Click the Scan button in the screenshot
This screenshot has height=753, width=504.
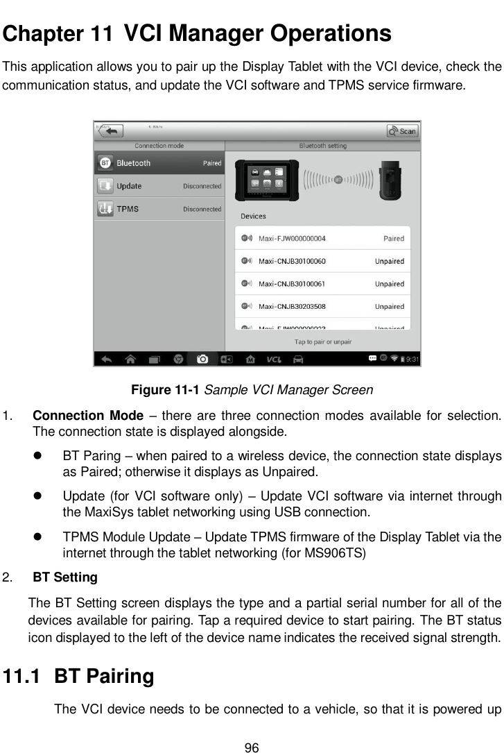click(x=403, y=130)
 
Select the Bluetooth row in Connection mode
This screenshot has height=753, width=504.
click(x=159, y=163)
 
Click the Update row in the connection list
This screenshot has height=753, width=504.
click(x=159, y=186)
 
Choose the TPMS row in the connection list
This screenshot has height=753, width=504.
click(x=159, y=209)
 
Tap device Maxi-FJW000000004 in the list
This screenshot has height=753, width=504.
click(x=292, y=239)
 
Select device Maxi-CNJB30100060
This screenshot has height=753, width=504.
click(x=292, y=262)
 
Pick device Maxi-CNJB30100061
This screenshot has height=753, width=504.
click(x=292, y=284)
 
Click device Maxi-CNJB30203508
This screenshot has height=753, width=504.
click(x=292, y=306)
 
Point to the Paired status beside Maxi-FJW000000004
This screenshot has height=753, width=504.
click(x=393, y=239)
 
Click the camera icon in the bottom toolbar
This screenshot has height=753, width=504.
click(x=202, y=359)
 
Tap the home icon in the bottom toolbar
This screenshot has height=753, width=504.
click(x=130, y=359)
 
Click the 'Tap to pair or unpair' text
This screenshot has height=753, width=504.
click(x=322, y=341)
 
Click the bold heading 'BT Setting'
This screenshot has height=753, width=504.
click(x=65, y=577)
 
